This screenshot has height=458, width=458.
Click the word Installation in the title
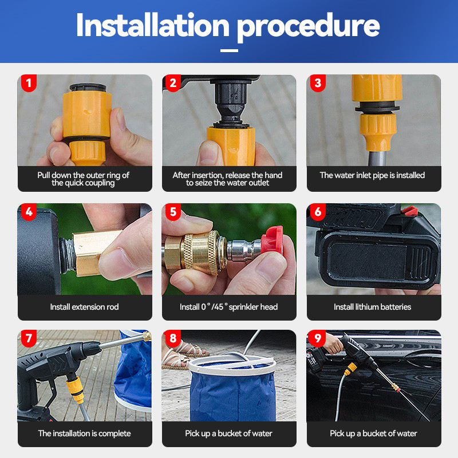pyautogui.click(x=153, y=25)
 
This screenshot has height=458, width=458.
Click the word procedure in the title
pyautogui.click(x=308, y=27)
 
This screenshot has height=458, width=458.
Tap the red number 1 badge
pyautogui.click(x=29, y=83)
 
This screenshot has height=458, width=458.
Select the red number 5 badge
pyautogui.click(x=173, y=212)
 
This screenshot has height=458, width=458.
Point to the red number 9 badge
pyautogui.click(x=318, y=338)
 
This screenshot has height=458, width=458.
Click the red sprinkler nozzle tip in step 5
pyautogui.click(x=273, y=240)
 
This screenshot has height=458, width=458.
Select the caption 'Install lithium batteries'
pyautogui.click(x=373, y=307)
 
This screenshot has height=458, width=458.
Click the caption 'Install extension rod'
pyautogui.click(x=84, y=307)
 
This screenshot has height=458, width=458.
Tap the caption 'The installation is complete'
pyautogui.click(x=84, y=433)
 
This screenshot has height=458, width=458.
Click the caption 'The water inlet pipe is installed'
pyautogui.click(x=373, y=175)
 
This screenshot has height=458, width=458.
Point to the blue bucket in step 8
pyautogui.click(x=232, y=390)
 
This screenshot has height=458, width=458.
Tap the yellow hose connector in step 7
pyautogui.click(x=75, y=389)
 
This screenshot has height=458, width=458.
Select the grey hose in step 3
pyautogui.click(x=377, y=158)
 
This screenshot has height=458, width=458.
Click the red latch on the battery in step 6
pyautogui.click(x=409, y=210)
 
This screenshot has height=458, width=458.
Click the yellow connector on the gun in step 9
pyautogui.click(x=351, y=369)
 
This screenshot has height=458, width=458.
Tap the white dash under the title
pyautogui.click(x=229, y=50)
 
